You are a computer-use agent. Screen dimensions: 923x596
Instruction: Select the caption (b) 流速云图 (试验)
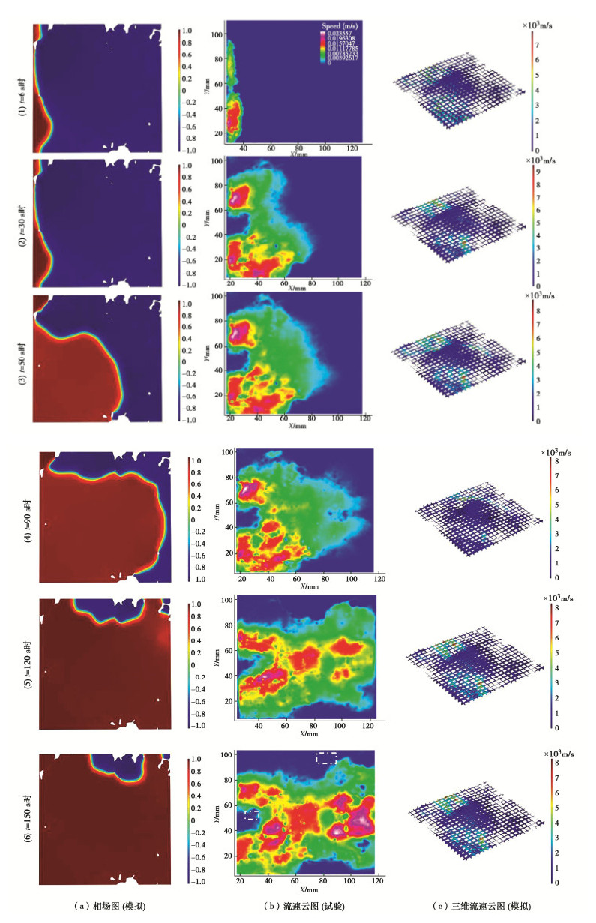300,907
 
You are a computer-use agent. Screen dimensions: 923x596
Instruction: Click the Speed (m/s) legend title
335,25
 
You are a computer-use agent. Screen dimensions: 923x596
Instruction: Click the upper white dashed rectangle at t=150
326,757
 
